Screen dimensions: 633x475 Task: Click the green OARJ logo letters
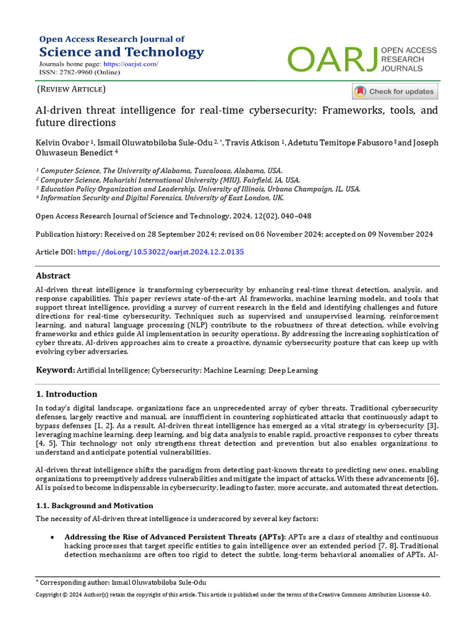[x=333, y=59]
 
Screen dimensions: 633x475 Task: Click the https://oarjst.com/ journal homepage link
[x=131, y=64]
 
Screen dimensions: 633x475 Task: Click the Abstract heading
[x=53, y=276]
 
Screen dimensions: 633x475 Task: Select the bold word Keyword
[x=54, y=370]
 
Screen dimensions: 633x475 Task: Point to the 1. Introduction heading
[x=66, y=394]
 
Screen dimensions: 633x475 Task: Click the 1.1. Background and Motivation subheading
[x=94, y=505]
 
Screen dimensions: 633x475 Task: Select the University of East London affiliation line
[x=160, y=198]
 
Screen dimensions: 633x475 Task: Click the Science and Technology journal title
[x=121, y=52]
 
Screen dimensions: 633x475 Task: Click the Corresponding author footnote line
[x=121, y=582]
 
